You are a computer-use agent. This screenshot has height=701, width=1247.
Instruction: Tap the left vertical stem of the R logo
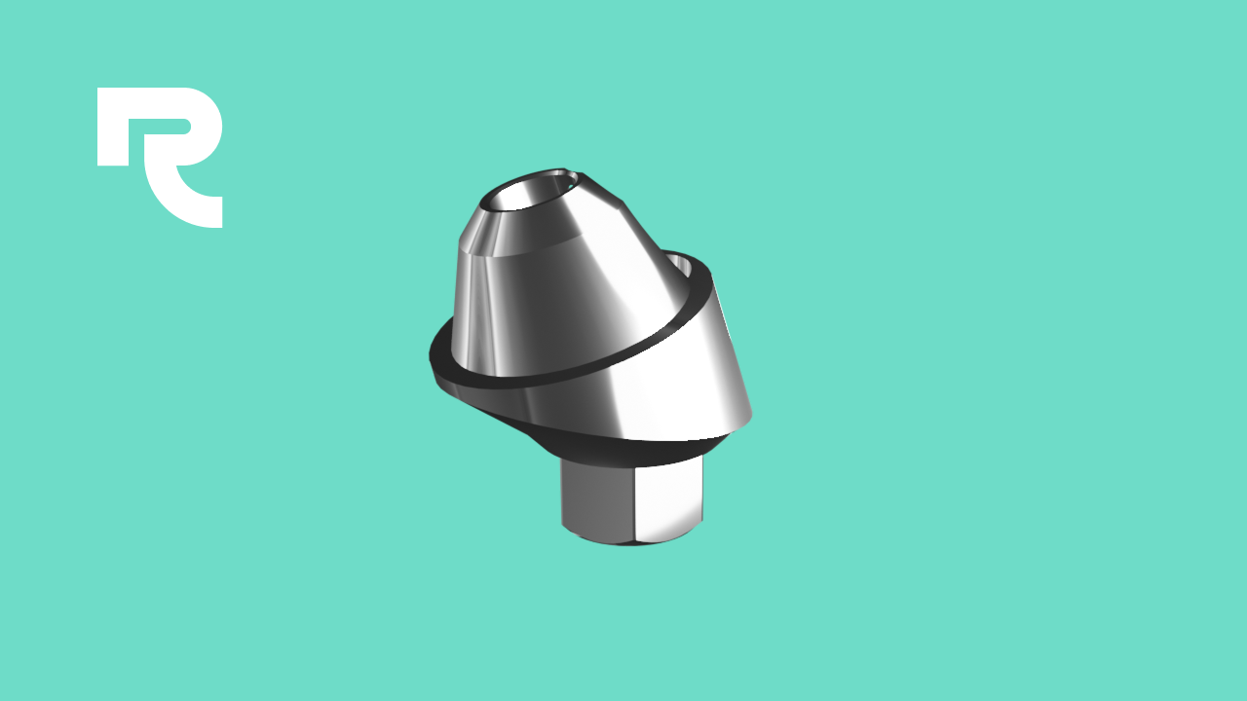(x=113, y=127)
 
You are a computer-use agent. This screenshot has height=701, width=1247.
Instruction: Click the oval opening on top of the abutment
(x=529, y=192)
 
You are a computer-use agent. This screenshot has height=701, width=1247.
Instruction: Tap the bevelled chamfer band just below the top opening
(x=523, y=234)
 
